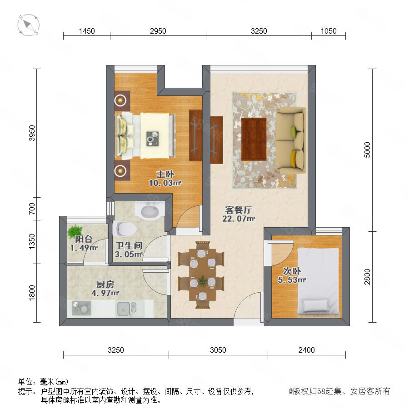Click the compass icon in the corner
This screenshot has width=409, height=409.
pos(29,25)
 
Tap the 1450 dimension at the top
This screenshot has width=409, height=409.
pos(87,31)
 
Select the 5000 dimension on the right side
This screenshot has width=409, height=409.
pos(367,150)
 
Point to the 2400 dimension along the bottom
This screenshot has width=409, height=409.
pos(306,350)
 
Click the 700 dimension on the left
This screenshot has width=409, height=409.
pos(31,209)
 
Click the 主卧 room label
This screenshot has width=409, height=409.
pos(165,174)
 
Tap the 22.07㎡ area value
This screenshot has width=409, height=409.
pos(239,219)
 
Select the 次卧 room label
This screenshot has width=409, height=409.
pos(292,271)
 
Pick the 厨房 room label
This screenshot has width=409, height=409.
pos(105,284)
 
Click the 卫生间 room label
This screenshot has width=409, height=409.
pos(129,245)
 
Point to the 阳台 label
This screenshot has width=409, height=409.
pos(84,239)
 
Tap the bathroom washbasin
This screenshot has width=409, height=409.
pos(150,211)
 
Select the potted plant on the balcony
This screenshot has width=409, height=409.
pos(75,231)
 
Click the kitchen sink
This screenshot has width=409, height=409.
pos(126,309)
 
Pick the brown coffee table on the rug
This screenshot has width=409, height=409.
pos(254,139)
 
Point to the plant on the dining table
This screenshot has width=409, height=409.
pos(202,281)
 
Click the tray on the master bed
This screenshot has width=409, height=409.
pos(152,139)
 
